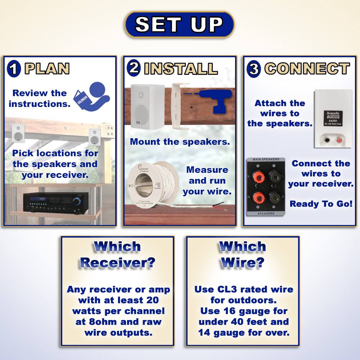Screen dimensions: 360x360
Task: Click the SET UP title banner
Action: point(179,24)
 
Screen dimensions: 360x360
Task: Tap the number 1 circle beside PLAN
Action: point(14,69)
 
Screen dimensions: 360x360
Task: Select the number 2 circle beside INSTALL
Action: point(134,68)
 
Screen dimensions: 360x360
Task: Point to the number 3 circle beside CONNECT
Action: point(254,69)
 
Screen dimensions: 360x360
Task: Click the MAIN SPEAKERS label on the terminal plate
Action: point(266,159)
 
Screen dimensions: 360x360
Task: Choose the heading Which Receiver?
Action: point(117,255)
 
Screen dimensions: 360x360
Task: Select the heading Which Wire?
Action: point(243,255)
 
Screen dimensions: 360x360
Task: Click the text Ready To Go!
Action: point(321,204)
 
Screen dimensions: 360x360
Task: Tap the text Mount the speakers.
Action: point(180,141)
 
